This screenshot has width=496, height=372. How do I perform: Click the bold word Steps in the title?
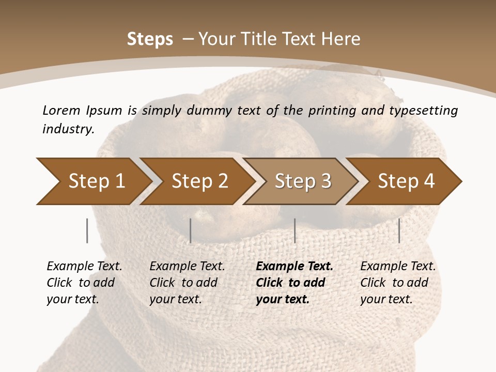click(x=150, y=39)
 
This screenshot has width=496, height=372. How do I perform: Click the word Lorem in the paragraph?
click(x=61, y=110)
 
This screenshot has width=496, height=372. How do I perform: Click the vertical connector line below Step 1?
click(x=87, y=230)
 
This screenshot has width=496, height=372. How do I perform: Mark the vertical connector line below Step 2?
click(x=191, y=230)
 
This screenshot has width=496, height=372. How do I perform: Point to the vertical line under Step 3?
click(x=295, y=230)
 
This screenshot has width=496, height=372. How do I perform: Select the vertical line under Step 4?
click(x=399, y=230)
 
